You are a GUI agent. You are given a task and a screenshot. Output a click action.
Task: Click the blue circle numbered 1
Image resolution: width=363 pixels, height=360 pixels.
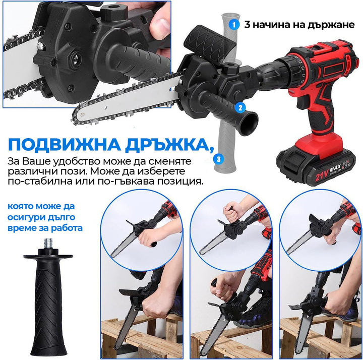click(x=233, y=24)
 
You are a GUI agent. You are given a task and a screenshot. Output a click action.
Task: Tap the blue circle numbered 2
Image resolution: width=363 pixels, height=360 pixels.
click(x=240, y=107)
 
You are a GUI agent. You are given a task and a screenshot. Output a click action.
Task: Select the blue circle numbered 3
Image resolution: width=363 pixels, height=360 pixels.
click(x=218, y=159)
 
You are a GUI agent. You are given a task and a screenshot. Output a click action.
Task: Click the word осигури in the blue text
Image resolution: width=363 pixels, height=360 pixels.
click(x=29, y=217)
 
